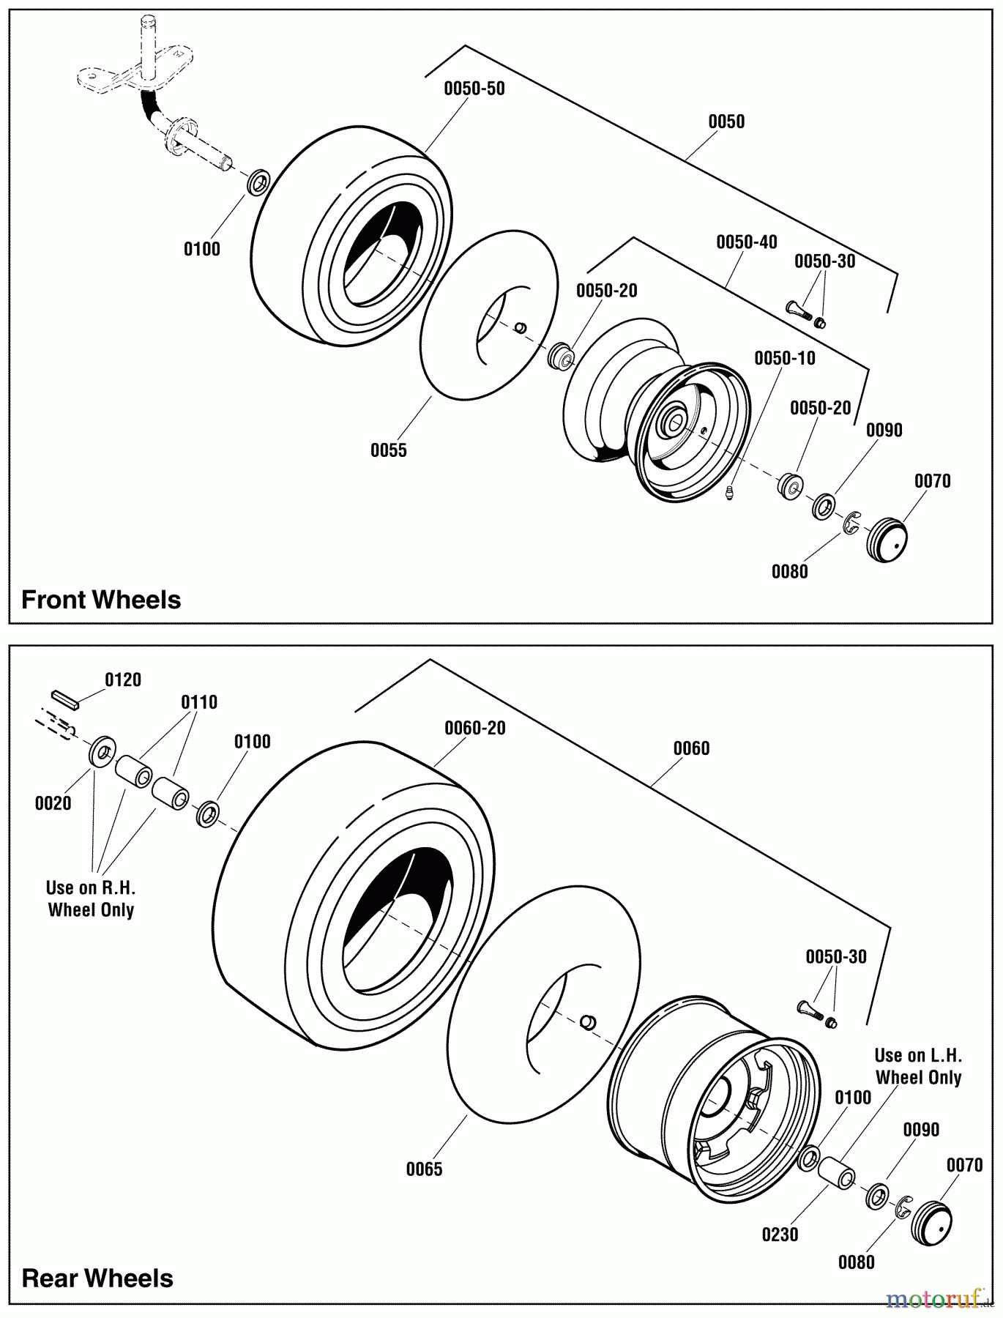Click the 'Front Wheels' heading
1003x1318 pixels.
click(101, 600)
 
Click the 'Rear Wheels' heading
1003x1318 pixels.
click(97, 1278)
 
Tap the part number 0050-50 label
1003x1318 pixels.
click(474, 89)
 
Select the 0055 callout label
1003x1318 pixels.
click(388, 450)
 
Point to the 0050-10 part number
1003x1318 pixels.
click(785, 358)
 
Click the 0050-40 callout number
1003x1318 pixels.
click(747, 242)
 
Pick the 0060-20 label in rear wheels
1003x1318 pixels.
click(475, 728)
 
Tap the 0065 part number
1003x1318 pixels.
click(425, 1169)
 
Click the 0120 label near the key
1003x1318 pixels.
click(123, 680)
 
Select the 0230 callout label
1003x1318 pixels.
click(780, 1235)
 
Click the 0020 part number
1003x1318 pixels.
click(53, 803)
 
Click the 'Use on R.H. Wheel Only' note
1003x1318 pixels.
click(91, 898)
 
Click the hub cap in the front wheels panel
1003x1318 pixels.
click(887, 540)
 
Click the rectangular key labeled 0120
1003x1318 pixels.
click(64, 697)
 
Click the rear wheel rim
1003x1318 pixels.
click(712, 1101)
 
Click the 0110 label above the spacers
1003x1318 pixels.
click(199, 702)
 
